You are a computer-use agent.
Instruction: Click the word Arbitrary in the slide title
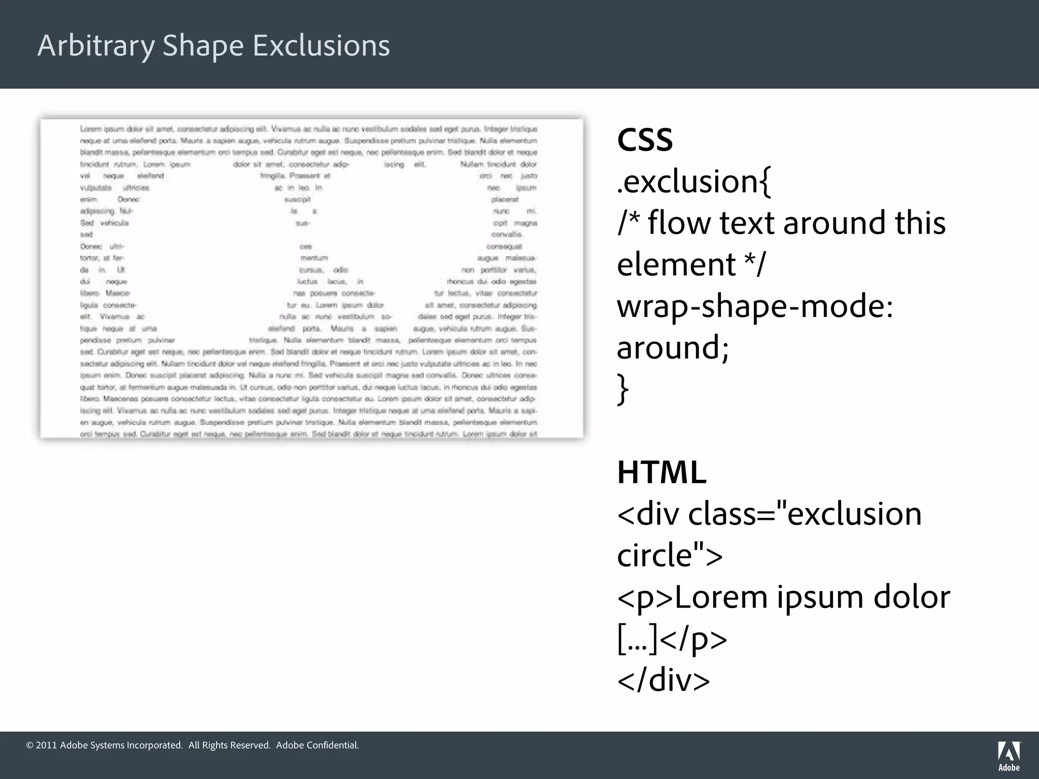click(x=96, y=46)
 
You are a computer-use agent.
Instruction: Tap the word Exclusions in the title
click(x=321, y=46)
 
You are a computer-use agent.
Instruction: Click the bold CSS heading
click(x=645, y=140)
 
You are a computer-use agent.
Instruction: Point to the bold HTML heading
click(x=662, y=473)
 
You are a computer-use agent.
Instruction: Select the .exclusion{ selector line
click(x=694, y=182)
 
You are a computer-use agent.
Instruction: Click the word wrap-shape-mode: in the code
click(x=755, y=306)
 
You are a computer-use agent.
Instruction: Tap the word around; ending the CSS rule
click(x=673, y=348)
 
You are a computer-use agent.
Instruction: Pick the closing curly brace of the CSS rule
click(x=623, y=389)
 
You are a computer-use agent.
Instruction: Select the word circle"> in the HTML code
click(x=670, y=556)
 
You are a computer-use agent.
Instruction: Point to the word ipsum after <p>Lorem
click(x=819, y=597)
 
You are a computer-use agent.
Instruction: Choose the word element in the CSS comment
click(x=676, y=265)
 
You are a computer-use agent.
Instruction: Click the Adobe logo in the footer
click(x=1009, y=756)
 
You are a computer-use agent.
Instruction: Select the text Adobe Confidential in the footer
click(x=317, y=745)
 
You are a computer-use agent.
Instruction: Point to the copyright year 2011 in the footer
click(x=46, y=745)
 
